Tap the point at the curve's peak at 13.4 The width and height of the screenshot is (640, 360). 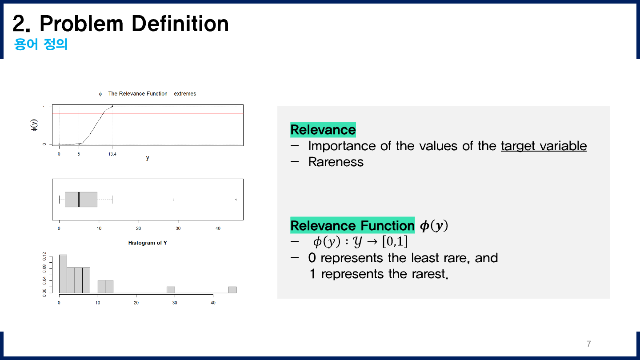[112, 106]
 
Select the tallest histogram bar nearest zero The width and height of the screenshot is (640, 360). [63, 274]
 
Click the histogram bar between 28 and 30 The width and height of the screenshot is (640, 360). [171, 290]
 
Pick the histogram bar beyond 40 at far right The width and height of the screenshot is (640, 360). [232, 290]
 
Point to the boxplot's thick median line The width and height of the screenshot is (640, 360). [79, 200]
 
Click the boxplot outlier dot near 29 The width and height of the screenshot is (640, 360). [173, 200]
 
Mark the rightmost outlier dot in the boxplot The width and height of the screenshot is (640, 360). [236, 200]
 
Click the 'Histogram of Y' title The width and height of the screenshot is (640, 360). [148, 243]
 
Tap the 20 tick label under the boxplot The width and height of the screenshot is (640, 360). [139, 228]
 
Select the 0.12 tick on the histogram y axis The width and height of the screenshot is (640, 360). [44, 256]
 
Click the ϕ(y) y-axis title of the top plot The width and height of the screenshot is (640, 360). [34, 125]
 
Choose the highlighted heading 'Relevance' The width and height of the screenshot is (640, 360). [323, 130]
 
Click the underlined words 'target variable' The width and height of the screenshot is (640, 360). [544, 146]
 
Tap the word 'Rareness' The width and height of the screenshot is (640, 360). [336, 162]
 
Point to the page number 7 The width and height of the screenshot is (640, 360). [589, 344]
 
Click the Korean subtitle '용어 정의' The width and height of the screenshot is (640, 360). [41, 45]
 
